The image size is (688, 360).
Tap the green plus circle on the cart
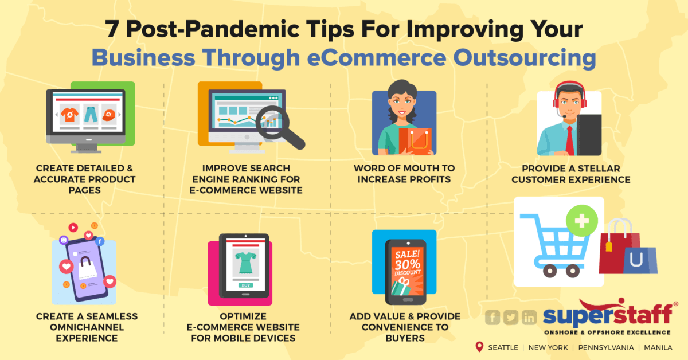[581, 219]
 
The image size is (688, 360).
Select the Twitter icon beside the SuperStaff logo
[510, 317]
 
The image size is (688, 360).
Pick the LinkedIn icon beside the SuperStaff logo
[529, 317]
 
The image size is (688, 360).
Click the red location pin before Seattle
[479, 347]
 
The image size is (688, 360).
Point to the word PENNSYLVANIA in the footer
[606, 347]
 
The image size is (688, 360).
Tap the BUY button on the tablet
[245, 285]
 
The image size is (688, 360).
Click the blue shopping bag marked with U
[638, 259]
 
